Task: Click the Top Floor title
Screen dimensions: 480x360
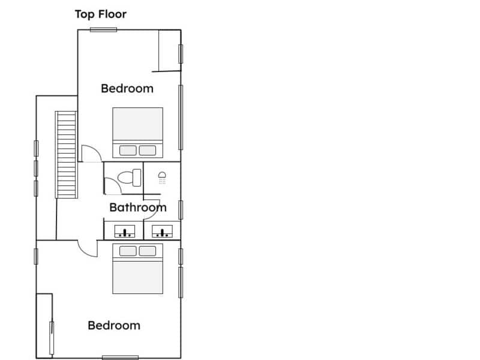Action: pyautogui.click(x=101, y=14)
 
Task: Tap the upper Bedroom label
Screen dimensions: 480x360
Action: pyautogui.click(x=127, y=88)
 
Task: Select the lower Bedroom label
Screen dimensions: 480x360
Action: pyautogui.click(x=114, y=325)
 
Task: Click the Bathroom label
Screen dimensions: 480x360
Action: pyautogui.click(x=138, y=208)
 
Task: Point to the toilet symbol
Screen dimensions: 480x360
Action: pyautogui.click(x=130, y=178)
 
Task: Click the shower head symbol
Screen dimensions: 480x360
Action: pyautogui.click(x=162, y=178)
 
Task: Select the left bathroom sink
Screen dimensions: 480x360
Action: pyautogui.click(x=125, y=232)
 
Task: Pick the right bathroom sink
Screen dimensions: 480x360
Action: pyautogui.click(x=162, y=232)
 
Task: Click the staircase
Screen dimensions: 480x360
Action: pyautogui.click(x=66, y=155)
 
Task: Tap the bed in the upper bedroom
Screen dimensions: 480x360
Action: pyautogui.click(x=138, y=133)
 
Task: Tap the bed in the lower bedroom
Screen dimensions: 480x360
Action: pyautogui.click(x=138, y=269)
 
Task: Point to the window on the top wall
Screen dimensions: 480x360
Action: pyautogui.click(x=103, y=29)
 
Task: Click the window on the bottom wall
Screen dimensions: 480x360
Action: pyautogui.click(x=120, y=358)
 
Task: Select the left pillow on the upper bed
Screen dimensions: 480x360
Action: pyautogui.click(x=128, y=151)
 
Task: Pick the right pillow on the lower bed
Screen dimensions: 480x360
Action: pyautogui.click(x=148, y=251)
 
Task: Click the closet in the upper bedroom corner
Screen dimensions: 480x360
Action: pyautogui.click(x=170, y=50)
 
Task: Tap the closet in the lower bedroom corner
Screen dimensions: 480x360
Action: pyautogui.click(x=44, y=326)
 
